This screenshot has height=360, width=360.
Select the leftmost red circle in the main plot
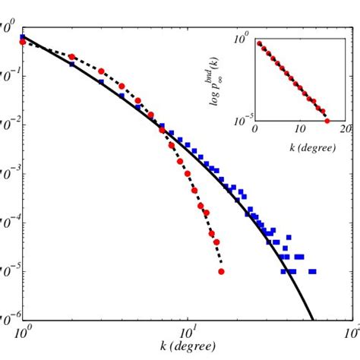[x=23, y=43]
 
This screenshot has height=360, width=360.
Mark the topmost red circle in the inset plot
[x=259, y=43]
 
